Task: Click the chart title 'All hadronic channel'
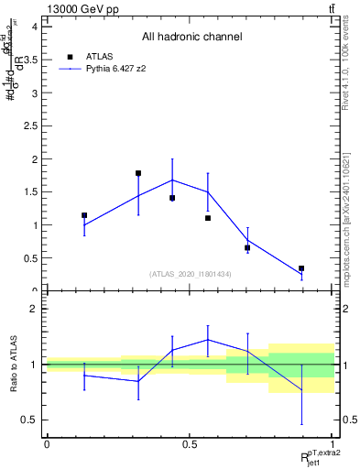click(x=191, y=38)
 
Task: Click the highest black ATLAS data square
click(x=138, y=173)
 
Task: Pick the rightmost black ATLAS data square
click(x=301, y=268)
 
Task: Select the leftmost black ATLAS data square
click(x=84, y=215)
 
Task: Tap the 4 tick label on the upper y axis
click(x=35, y=27)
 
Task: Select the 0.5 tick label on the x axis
click(x=190, y=443)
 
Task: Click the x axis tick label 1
click(x=333, y=443)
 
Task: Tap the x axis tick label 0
click(x=46, y=443)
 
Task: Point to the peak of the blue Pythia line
click(x=172, y=180)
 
